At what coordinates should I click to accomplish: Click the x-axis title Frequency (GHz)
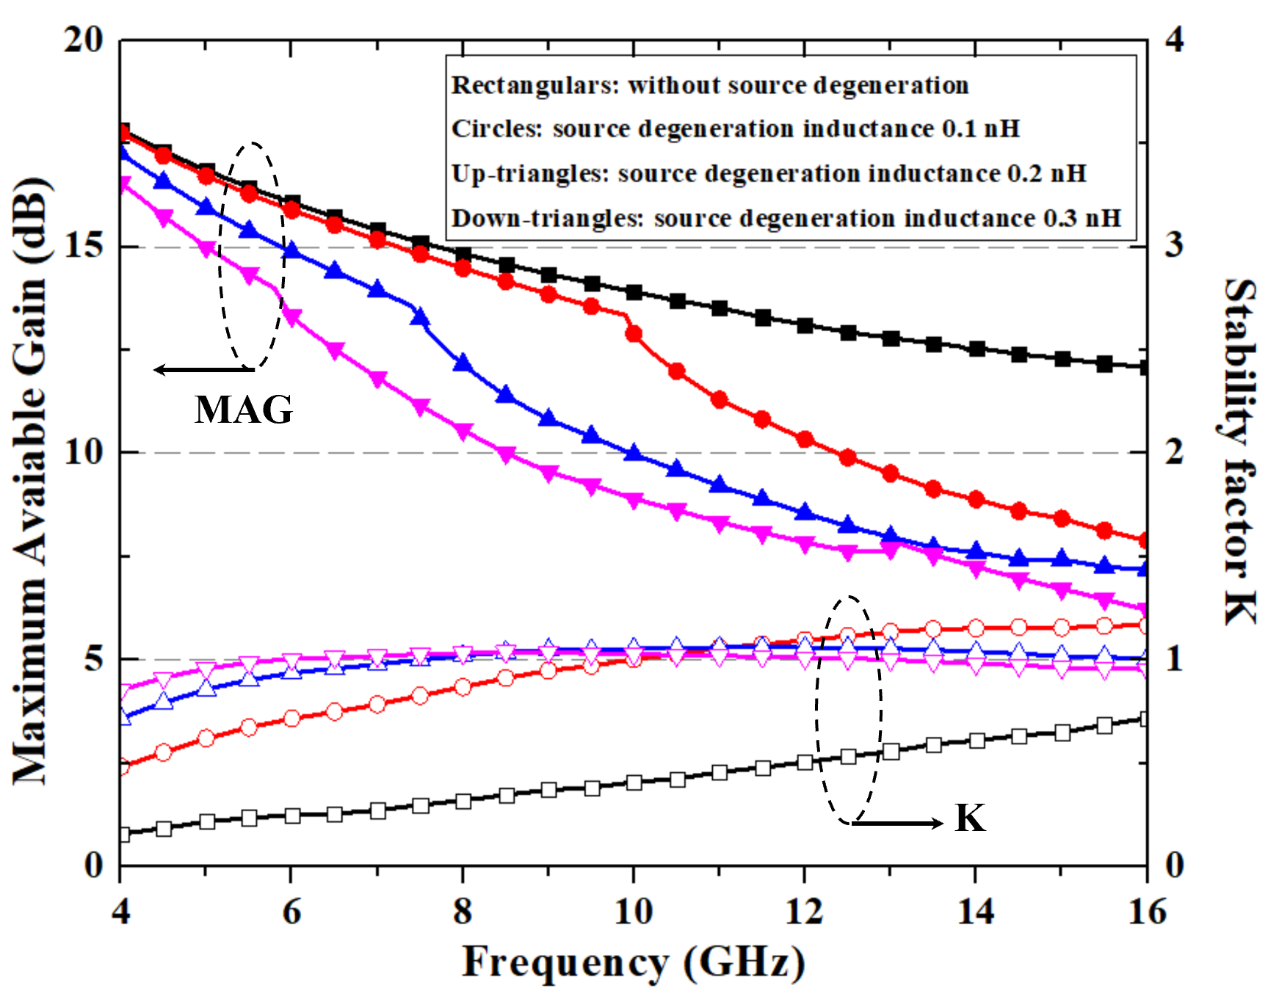(633, 962)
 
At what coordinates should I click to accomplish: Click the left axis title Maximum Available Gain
(31, 481)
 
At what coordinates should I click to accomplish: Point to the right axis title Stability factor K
(1240, 451)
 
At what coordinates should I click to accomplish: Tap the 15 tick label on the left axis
(83, 246)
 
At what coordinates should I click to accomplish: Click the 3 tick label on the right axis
(1175, 244)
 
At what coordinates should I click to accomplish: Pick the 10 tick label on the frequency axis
(633, 912)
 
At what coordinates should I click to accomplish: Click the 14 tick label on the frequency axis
(976, 912)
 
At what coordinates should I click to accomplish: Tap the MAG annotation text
(244, 410)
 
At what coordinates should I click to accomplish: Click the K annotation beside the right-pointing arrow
(970, 818)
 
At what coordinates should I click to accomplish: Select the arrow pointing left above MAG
(203, 369)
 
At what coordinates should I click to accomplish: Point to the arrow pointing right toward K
(897, 823)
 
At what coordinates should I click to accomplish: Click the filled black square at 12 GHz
(805, 325)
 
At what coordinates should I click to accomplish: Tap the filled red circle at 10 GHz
(634, 334)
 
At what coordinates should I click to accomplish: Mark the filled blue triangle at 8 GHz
(463, 363)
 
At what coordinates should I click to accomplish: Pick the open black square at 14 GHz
(977, 741)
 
